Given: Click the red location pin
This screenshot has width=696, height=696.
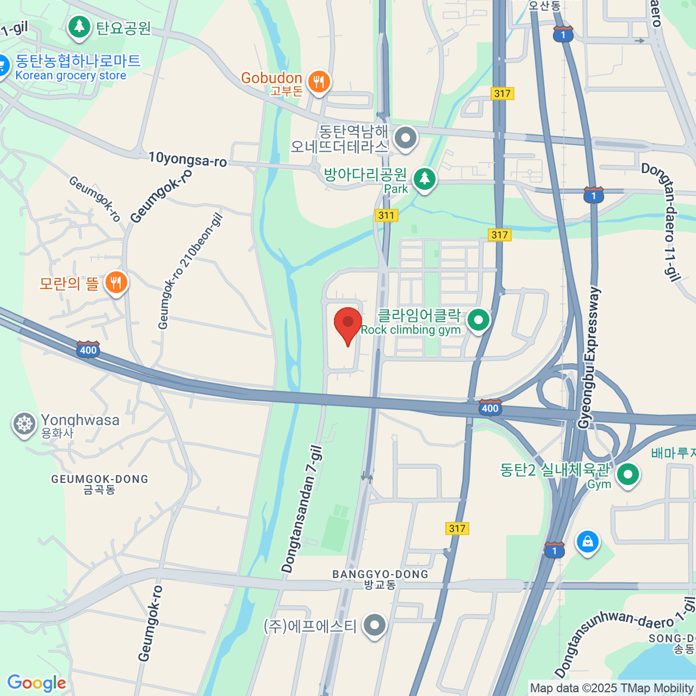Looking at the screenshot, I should pos(348,324).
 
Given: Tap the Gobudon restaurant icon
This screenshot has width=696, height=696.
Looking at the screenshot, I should pos(318,81).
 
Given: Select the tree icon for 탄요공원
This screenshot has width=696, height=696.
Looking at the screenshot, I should pos(79,27).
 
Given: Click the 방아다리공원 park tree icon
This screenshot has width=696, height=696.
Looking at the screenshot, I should pos(425,179).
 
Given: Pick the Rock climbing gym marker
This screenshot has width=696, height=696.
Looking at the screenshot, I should pos(478,320).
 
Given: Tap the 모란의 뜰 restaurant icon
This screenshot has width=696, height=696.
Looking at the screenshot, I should pos(116,283).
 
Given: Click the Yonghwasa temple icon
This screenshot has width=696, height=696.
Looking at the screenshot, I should pos(24,424).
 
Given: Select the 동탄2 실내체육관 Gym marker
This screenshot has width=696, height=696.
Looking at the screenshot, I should pos(627,474).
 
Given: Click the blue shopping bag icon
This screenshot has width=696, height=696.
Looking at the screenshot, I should pos(588,542).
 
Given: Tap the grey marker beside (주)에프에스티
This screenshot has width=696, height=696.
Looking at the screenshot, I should pos(375,625).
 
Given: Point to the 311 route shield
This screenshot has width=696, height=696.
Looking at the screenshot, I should pos(386,215).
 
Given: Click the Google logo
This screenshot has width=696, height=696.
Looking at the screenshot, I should pos(37,683).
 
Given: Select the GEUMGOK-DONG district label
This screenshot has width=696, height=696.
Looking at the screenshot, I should pos(100,479).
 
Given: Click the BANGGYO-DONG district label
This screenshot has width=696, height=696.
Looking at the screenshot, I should pos(380,574).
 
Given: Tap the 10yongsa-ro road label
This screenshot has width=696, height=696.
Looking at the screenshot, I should pos(187,159).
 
